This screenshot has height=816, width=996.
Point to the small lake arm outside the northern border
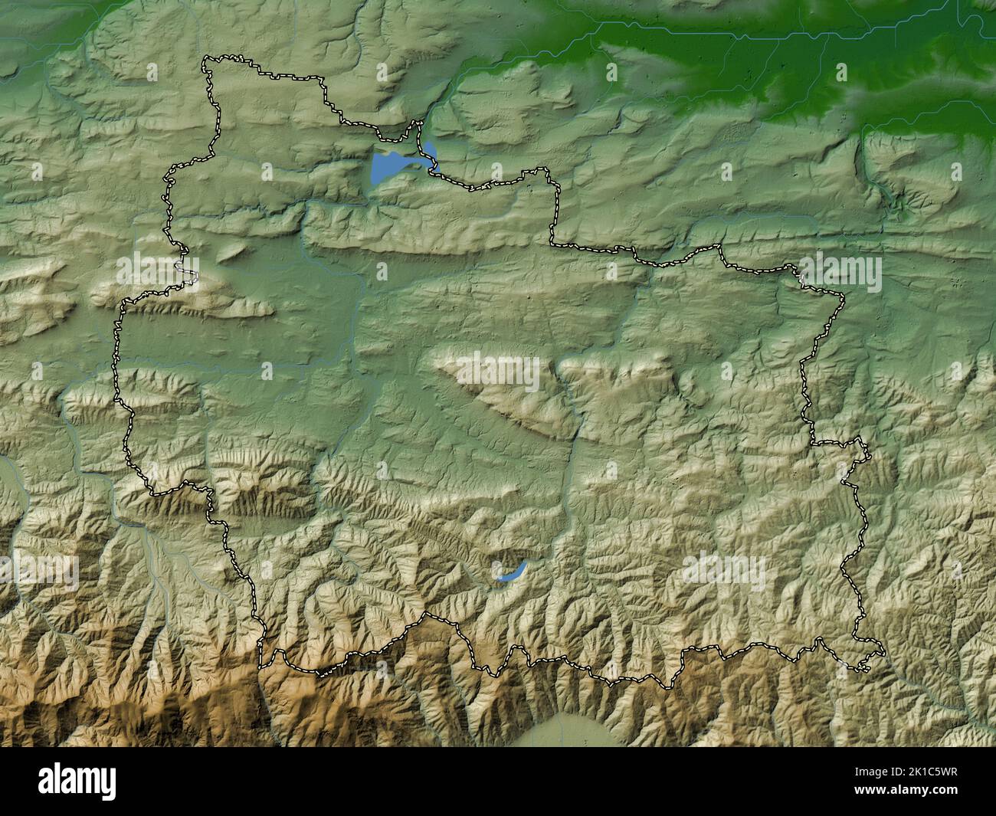430,149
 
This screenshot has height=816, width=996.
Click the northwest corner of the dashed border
205,59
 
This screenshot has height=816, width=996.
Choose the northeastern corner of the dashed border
843,295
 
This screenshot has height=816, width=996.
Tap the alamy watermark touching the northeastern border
839,271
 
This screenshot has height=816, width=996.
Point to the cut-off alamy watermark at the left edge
38,570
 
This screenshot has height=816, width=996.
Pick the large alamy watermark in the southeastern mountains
723,570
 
